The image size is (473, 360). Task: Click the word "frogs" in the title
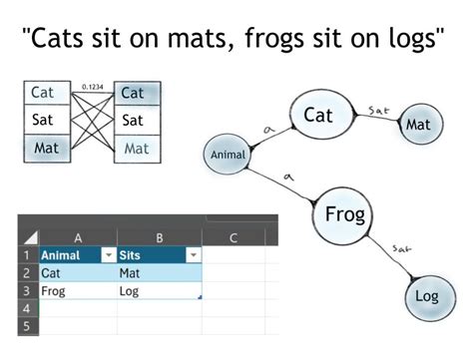[268, 42]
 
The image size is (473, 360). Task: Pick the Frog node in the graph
[345, 214]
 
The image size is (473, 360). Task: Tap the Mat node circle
[418, 126]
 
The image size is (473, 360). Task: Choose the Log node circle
[426, 297]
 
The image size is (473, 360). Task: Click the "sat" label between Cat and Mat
[378, 110]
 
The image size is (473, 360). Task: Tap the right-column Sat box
[135, 121]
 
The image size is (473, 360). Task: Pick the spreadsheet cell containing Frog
[78, 290]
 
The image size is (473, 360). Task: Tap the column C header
[233, 237]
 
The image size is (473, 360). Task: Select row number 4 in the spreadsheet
[27, 309]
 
